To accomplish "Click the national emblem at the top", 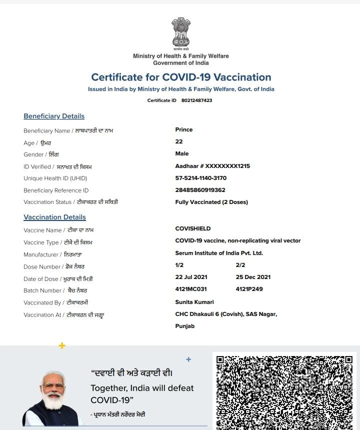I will tap(181, 32).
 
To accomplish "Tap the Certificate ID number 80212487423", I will tap(196, 100).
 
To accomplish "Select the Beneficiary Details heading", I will tap(54, 116).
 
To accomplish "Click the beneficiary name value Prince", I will tap(184, 129).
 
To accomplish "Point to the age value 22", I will tap(179, 141).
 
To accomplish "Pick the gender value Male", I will tap(182, 153).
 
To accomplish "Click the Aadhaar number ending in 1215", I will tap(212, 166).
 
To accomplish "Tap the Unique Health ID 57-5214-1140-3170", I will tap(200, 178).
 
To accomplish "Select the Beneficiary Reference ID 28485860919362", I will tap(200, 190).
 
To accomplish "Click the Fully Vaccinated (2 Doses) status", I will tap(211, 202).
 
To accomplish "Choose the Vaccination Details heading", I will tap(54, 217).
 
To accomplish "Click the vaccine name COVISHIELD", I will tap(193, 228).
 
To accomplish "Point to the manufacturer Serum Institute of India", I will tap(219, 253).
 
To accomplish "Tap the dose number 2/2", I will tap(240, 265).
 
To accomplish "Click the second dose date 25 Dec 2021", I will tap(253, 277).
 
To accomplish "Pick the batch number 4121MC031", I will tap(191, 289).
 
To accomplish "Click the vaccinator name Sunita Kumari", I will tap(194, 302).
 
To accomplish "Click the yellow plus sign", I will tap(62, 345).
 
